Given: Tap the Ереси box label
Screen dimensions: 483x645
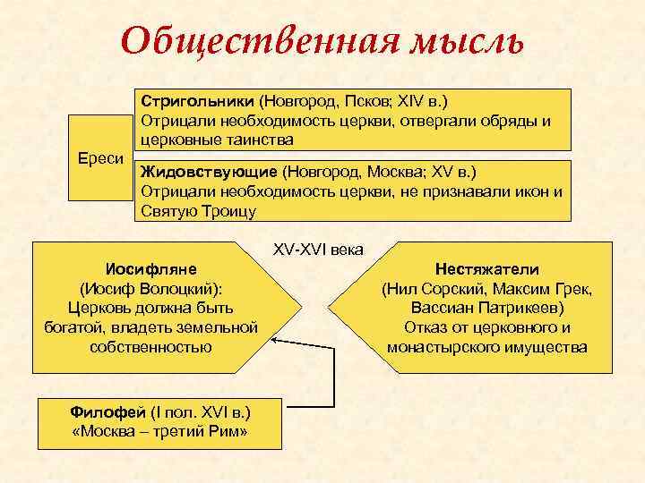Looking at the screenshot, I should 100,158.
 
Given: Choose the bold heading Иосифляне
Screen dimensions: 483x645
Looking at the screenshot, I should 151,268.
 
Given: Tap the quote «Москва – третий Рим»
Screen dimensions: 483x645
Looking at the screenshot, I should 159,432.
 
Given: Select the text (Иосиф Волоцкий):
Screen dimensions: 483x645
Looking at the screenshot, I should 151,288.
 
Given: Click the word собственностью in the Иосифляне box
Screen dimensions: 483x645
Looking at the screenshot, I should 151,347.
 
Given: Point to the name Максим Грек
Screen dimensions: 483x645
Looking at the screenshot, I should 550,288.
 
